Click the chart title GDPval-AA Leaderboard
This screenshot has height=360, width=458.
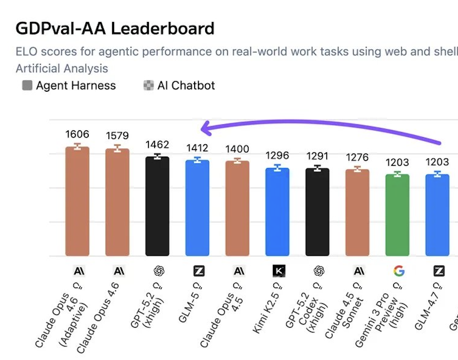[x=115, y=29]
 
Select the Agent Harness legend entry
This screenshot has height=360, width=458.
[x=69, y=85]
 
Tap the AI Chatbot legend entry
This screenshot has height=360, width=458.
[x=179, y=85]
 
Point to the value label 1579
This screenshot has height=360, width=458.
[x=117, y=136]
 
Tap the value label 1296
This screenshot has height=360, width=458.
[x=277, y=156]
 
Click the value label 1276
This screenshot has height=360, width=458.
[x=357, y=157]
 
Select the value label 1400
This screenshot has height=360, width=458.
[x=237, y=149]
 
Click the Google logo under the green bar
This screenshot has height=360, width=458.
[x=398, y=271]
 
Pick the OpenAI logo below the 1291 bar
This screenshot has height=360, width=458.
[x=318, y=271]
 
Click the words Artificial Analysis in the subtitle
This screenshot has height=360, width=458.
[x=62, y=68]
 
